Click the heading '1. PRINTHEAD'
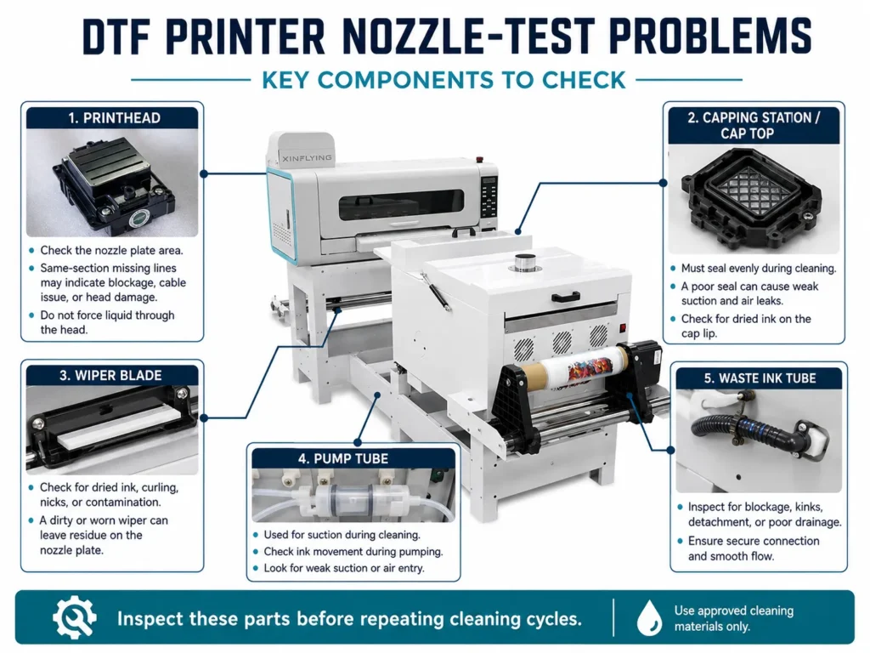pyautogui.click(x=115, y=118)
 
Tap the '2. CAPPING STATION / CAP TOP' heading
pyautogui.click(x=754, y=126)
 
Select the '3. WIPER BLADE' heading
pyautogui.click(x=110, y=375)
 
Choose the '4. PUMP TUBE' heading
pyautogui.click(x=343, y=458)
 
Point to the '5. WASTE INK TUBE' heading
pyautogui.click(x=760, y=378)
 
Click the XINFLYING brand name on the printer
pyautogui.click(x=307, y=158)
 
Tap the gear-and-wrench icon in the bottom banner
pyautogui.click(x=75, y=617)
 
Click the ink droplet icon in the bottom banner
pyautogui.click(x=649, y=617)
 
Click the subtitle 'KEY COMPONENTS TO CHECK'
pyautogui.click(x=443, y=80)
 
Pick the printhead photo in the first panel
pyautogui.click(x=112, y=184)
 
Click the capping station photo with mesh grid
pyautogui.click(x=754, y=199)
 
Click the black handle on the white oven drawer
pyautogui.click(x=565, y=297)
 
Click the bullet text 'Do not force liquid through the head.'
pyautogui.click(x=107, y=322)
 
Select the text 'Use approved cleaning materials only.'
pyautogui.click(x=733, y=618)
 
